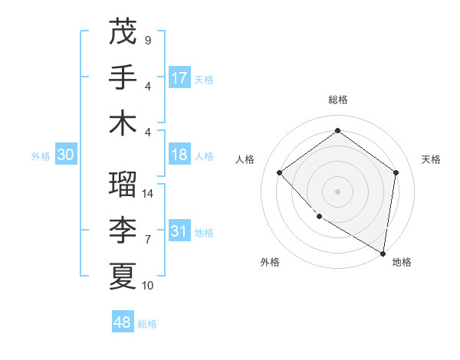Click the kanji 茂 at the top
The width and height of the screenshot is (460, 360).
pyautogui.click(x=123, y=32)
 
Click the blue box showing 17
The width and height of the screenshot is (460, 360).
pyautogui.click(x=179, y=77)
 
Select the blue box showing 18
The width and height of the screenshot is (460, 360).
pyautogui.click(x=179, y=155)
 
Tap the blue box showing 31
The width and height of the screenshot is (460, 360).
pyautogui.click(x=179, y=231)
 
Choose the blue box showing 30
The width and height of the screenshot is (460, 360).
pyautogui.click(x=65, y=155)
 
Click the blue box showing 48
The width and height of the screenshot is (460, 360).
pyautogui.click(x=123, y=322)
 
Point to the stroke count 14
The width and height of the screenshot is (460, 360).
pyautogui.click(x=148, y=195)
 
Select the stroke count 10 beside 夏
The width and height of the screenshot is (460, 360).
pyautogui.click(x=148, y=286)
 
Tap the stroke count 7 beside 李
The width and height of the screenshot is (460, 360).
pyautogui.click(x=148, y=240)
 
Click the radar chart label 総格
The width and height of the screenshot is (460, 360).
pyautogui.click(x=337, y=100)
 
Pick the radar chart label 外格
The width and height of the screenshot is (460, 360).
pyautogui.click(x=270, y=262)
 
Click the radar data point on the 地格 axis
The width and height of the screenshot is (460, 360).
pyautogui.click(x=382, y=252)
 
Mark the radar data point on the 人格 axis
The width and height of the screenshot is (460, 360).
pyautogui.click(x=280, y=173)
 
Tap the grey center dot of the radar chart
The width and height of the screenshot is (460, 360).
pyautogui.click(x=337, y=191)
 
